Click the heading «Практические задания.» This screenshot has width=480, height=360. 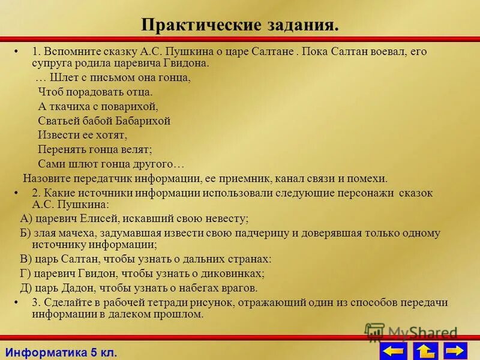pyautogui.click(x=240, y=25)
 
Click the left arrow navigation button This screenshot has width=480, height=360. pyautogui.click(x=393, y=351)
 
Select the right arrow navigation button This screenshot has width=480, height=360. pyautogui.click(x=456, y=351)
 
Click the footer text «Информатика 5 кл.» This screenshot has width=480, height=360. pyautogui.click(x=60, y=352)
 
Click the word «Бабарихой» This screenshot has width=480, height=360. pyautogui.click(x=143, y=121)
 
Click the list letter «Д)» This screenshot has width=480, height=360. pyautogui.click(x=26, y=288)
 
